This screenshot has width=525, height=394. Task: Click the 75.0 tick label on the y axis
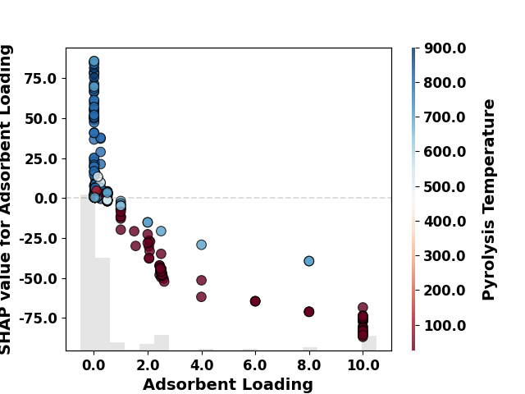click(x=40, y=79)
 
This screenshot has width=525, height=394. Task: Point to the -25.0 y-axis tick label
click(x=38, y=239)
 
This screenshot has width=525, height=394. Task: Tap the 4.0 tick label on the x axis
click(x=202, y=364)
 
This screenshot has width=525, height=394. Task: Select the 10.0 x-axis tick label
click(x=363, y=364)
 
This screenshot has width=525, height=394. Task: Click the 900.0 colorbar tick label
click(x=445, y=48)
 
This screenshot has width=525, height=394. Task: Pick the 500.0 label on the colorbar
click(x=445, y=186)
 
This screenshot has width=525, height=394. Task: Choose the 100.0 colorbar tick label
click(x=445, y=325)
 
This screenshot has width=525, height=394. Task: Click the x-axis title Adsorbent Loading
click(x=228, y=384)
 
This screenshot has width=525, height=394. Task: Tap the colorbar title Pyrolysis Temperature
click(x=488, y=199)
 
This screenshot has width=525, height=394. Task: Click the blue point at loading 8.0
click(x=309, y=261)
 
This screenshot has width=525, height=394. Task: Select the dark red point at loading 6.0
click(x=255, y=301)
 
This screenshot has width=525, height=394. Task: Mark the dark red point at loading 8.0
click(x=309, y=312)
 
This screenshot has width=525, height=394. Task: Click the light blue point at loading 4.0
click(x=201, y=245)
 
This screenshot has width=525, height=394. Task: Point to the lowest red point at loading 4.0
click(x=201, y=296)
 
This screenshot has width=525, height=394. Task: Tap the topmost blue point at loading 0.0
click(x=94, y=62)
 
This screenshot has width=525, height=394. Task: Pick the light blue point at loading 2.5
click(x=161, y=231)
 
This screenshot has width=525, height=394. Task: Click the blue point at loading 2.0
click(x=148, y=222)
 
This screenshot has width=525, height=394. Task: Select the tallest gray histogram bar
click(x=88, y=273)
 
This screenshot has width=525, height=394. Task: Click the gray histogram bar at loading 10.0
click(x=369, y=343)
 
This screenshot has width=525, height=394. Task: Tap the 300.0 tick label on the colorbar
click(x=445, y=256)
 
